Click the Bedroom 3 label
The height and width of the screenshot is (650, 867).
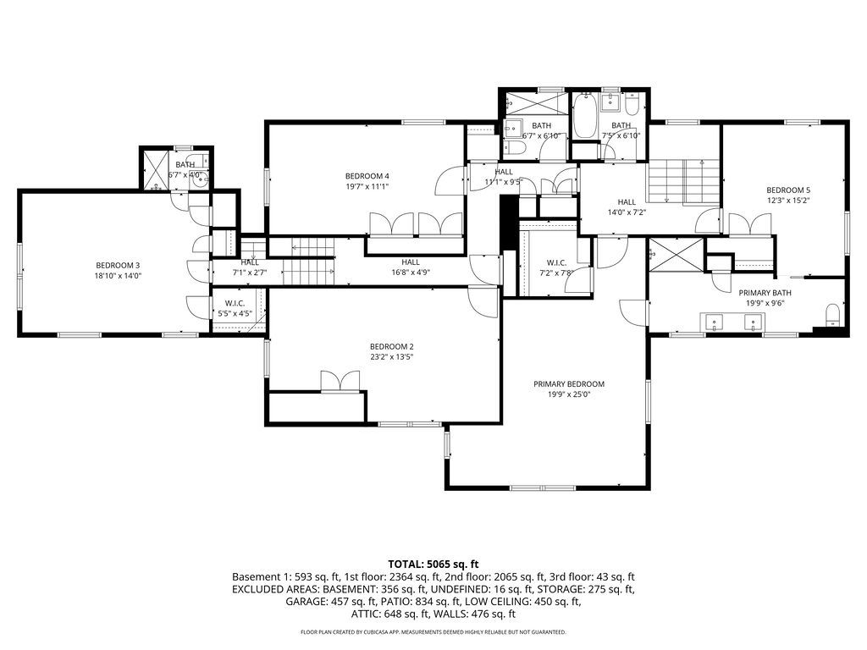click(118, 266)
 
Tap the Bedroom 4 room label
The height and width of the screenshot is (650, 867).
click(367, 176)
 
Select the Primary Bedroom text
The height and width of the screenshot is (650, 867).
click(569, 384)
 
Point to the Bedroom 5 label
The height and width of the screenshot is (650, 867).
click(788, 190)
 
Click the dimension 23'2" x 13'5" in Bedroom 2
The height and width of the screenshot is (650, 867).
click(391, 357)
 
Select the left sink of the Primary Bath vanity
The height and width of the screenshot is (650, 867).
click(714, 322)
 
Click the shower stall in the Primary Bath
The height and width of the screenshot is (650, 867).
click(676, 255)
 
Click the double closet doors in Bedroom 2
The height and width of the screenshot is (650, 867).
click(341, 383)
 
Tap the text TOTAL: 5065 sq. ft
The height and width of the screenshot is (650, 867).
click(433, 564)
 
